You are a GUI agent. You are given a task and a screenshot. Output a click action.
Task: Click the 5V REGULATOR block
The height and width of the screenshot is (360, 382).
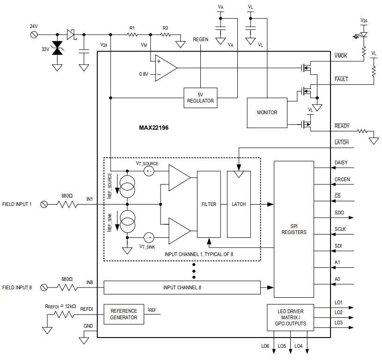tap(200, 98)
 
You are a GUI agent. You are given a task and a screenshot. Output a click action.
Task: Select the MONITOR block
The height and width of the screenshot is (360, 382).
tap(267, 112)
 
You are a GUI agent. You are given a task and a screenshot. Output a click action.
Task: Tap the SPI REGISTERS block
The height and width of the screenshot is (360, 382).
tap(294, 229)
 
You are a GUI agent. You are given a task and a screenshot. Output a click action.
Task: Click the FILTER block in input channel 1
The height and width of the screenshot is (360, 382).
tap(209, 204)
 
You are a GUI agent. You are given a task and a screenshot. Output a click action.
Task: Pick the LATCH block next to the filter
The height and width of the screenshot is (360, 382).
tap(239, 204)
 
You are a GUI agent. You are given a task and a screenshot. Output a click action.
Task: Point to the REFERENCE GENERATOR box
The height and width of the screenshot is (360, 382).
tap(124, 314)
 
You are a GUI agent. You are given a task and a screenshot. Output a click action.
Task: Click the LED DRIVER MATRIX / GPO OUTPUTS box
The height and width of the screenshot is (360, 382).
tap(290, 317)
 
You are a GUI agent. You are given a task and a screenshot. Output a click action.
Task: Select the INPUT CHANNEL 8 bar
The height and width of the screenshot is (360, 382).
tap(182, 287)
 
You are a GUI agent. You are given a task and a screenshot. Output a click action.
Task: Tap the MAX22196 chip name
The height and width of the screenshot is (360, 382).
tap(154, 127)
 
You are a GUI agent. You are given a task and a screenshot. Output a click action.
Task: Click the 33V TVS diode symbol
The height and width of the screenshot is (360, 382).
tap(57, 48)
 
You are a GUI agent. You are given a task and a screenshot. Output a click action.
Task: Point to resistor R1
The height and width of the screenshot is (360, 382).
tap(132, 35)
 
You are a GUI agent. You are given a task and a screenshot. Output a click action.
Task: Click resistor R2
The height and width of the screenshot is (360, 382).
tap(165, 35)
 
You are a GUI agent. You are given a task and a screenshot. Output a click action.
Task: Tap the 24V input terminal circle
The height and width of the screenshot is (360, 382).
tap(34, 35)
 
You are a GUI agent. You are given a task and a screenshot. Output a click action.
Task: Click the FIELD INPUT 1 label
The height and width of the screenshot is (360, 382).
tap(17, 204)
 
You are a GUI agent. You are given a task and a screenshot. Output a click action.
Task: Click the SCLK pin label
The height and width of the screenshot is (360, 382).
tap(340, 229)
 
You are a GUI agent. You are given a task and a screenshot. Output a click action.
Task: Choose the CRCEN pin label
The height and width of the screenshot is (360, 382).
tap(342, 179)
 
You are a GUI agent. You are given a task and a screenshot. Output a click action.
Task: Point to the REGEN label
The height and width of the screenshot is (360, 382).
tap(200, 40)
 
